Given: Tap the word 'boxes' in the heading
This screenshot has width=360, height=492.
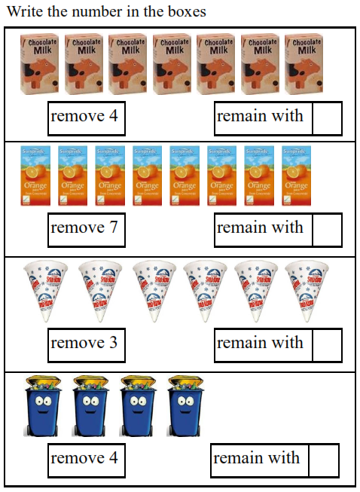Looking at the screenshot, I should [185, 12].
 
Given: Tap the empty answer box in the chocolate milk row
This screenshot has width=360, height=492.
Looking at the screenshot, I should [326, 118].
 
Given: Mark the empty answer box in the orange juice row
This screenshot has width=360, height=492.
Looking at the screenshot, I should [326, 229].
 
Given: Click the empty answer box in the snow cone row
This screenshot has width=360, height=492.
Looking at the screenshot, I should [326, 344].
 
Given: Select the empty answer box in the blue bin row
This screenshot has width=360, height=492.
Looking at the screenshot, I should [323, 460].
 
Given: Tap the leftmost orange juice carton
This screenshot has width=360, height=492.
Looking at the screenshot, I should [35, 175].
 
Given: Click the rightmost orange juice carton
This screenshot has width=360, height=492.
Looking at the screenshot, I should [296, 175].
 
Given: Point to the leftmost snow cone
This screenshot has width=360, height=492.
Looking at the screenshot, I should [40, 291].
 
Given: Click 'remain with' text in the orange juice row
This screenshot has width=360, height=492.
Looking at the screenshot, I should [260, 228].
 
